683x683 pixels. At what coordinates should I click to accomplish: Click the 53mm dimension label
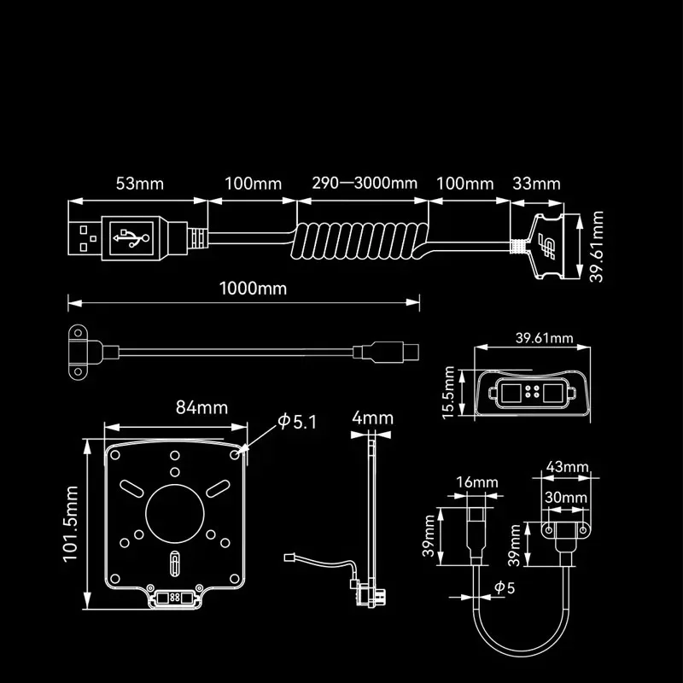(x=139, y=184)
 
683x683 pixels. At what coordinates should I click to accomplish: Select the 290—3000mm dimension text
(x=365, y=184)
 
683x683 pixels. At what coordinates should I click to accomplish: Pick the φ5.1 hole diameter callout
(x=297, y=422)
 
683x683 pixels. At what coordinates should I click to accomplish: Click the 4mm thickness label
(x=373, y=418)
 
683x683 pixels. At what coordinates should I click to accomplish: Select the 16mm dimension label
(x=476, y=482)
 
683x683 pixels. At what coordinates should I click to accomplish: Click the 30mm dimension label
(x=563, y=496)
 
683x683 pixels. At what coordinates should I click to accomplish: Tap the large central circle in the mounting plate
(x=175, y=511)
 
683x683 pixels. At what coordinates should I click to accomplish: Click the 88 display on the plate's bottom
(x=176, y=598)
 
